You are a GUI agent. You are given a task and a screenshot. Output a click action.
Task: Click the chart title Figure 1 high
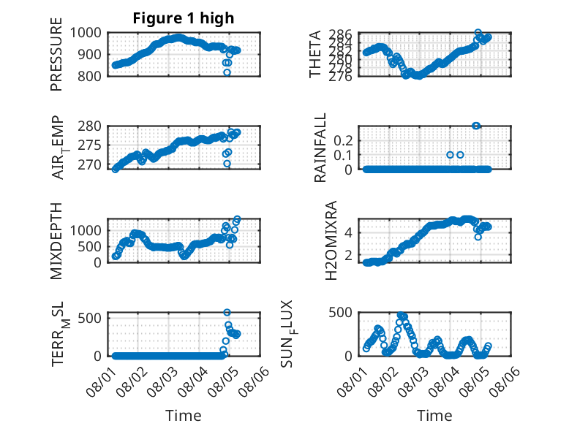(184, 18)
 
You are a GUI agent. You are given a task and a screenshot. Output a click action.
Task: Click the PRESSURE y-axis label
(56, 54)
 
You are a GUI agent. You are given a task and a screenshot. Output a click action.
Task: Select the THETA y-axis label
(315, 54)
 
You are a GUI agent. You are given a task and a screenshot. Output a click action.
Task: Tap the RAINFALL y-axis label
(320, 148)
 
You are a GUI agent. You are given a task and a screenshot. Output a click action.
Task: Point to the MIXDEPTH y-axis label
(56, 240)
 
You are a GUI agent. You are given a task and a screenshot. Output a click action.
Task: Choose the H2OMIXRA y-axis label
(331, 240)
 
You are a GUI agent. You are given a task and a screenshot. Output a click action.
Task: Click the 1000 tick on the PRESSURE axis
(86, 33)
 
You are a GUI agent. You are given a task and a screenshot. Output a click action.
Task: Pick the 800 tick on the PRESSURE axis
(90, 76)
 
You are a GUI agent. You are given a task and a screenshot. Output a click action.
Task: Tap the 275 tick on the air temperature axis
(90, 145)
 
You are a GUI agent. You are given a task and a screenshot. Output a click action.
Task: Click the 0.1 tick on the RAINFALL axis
(343, 155)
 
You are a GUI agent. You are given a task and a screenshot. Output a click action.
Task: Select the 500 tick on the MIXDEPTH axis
(90, 246)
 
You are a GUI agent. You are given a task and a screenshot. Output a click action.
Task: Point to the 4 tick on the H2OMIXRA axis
(349, 233)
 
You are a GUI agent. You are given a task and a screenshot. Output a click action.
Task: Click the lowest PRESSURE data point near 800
(227, 72)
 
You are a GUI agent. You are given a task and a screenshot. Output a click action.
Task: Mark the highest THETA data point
(478, 33)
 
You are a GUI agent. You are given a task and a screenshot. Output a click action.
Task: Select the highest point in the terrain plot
(227, 313)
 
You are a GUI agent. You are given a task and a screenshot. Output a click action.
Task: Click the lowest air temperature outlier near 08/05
(227, 164)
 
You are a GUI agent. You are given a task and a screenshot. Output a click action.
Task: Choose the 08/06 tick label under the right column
(505, 381)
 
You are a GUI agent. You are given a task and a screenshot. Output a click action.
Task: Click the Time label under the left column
(184, 416)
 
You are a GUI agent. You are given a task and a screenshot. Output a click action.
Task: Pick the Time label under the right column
(434, 416)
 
